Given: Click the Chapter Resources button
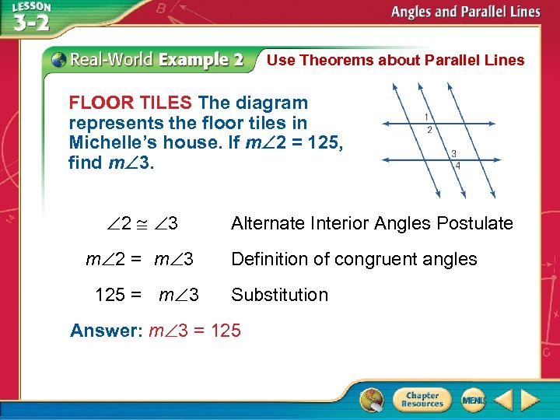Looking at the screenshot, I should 422,400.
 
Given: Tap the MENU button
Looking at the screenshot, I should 473,400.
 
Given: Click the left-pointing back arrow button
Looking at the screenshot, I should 503,401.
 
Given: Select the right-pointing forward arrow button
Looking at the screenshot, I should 530,401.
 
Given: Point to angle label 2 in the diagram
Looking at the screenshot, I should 429,130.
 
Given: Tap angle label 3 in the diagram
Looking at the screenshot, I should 453,152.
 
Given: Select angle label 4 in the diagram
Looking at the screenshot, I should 457,166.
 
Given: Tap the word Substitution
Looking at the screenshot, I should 279,295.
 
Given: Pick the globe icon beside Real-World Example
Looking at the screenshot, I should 59,59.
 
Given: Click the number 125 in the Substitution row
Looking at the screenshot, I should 110,295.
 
